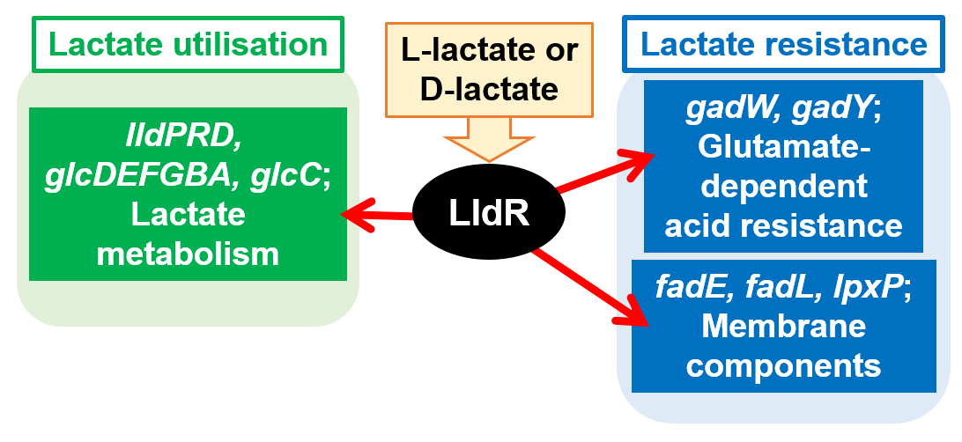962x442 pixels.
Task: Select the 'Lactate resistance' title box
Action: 784,44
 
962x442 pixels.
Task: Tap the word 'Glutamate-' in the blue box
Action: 784,148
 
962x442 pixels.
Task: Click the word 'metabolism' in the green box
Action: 188,254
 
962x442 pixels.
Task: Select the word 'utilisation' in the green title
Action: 252,44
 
